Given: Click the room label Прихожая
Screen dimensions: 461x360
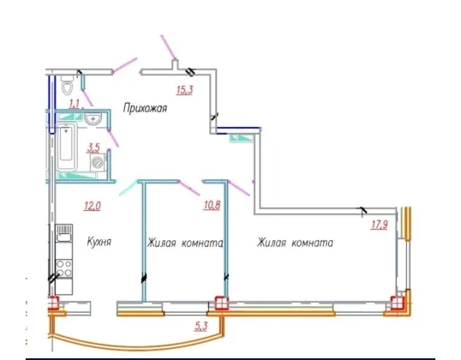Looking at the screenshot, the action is pos(145,108).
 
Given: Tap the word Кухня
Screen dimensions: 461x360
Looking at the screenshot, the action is pos(99,242).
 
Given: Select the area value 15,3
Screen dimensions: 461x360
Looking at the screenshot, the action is pos(184,90).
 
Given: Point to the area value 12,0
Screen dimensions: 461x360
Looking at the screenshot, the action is pos(93,206).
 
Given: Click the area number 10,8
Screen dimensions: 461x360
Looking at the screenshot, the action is pos(212,205).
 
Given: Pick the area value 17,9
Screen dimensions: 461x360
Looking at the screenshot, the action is pos(380,225).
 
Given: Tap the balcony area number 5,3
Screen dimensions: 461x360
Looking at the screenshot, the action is pos(201,326).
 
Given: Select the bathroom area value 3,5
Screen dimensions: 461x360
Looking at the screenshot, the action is pos(93,147).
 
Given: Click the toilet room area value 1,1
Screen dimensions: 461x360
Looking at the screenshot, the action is pos(75,104).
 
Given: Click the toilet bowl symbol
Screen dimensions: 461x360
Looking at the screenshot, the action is pos(67,85).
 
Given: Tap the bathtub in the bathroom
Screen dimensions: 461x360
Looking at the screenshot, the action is pos(67,147).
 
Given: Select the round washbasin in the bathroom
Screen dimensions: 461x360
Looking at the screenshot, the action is pos(93,119).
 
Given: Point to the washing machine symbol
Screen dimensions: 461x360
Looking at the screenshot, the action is pos(98,162).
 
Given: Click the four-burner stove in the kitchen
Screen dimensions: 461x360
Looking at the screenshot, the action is pos(63,268).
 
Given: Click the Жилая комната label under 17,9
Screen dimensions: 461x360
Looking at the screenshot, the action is pos(295,243).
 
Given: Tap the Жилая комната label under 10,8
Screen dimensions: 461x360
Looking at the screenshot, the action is pos(185,243).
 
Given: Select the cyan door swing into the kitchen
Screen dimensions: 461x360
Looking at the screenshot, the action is pos(129,188).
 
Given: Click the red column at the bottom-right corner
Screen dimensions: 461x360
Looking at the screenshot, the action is pos(398,303).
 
